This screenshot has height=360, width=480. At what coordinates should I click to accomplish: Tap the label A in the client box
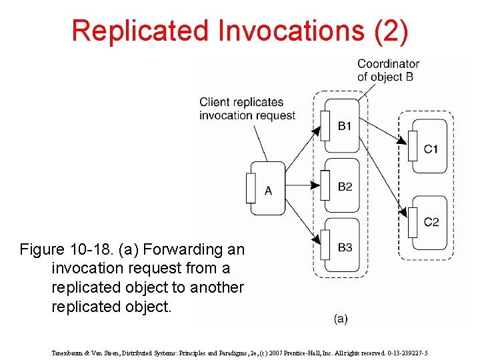(x=268, y=191)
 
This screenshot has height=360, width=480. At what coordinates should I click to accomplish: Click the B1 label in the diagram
(x=345, y=126)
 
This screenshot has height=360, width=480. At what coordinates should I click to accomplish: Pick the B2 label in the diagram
(x=345, y=187)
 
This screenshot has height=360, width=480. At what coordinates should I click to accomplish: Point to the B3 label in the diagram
(x=345, y=247)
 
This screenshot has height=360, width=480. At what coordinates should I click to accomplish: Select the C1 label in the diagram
(x=431, y=148)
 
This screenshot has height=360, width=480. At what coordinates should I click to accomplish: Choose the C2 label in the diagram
(x=431, y=221)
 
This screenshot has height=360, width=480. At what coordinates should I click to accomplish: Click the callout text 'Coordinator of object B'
(x=388, y=70)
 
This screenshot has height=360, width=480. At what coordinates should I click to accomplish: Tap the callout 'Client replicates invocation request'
(x=247, y=109)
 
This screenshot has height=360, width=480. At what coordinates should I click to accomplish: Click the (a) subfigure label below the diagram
(x=341, y=319)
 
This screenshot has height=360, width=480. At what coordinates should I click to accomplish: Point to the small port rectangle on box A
(x=251, y=188)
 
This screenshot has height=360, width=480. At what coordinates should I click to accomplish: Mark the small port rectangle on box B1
(x=325, y=125)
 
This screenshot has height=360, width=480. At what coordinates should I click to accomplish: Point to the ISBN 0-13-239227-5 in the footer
(x=403, y=353)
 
